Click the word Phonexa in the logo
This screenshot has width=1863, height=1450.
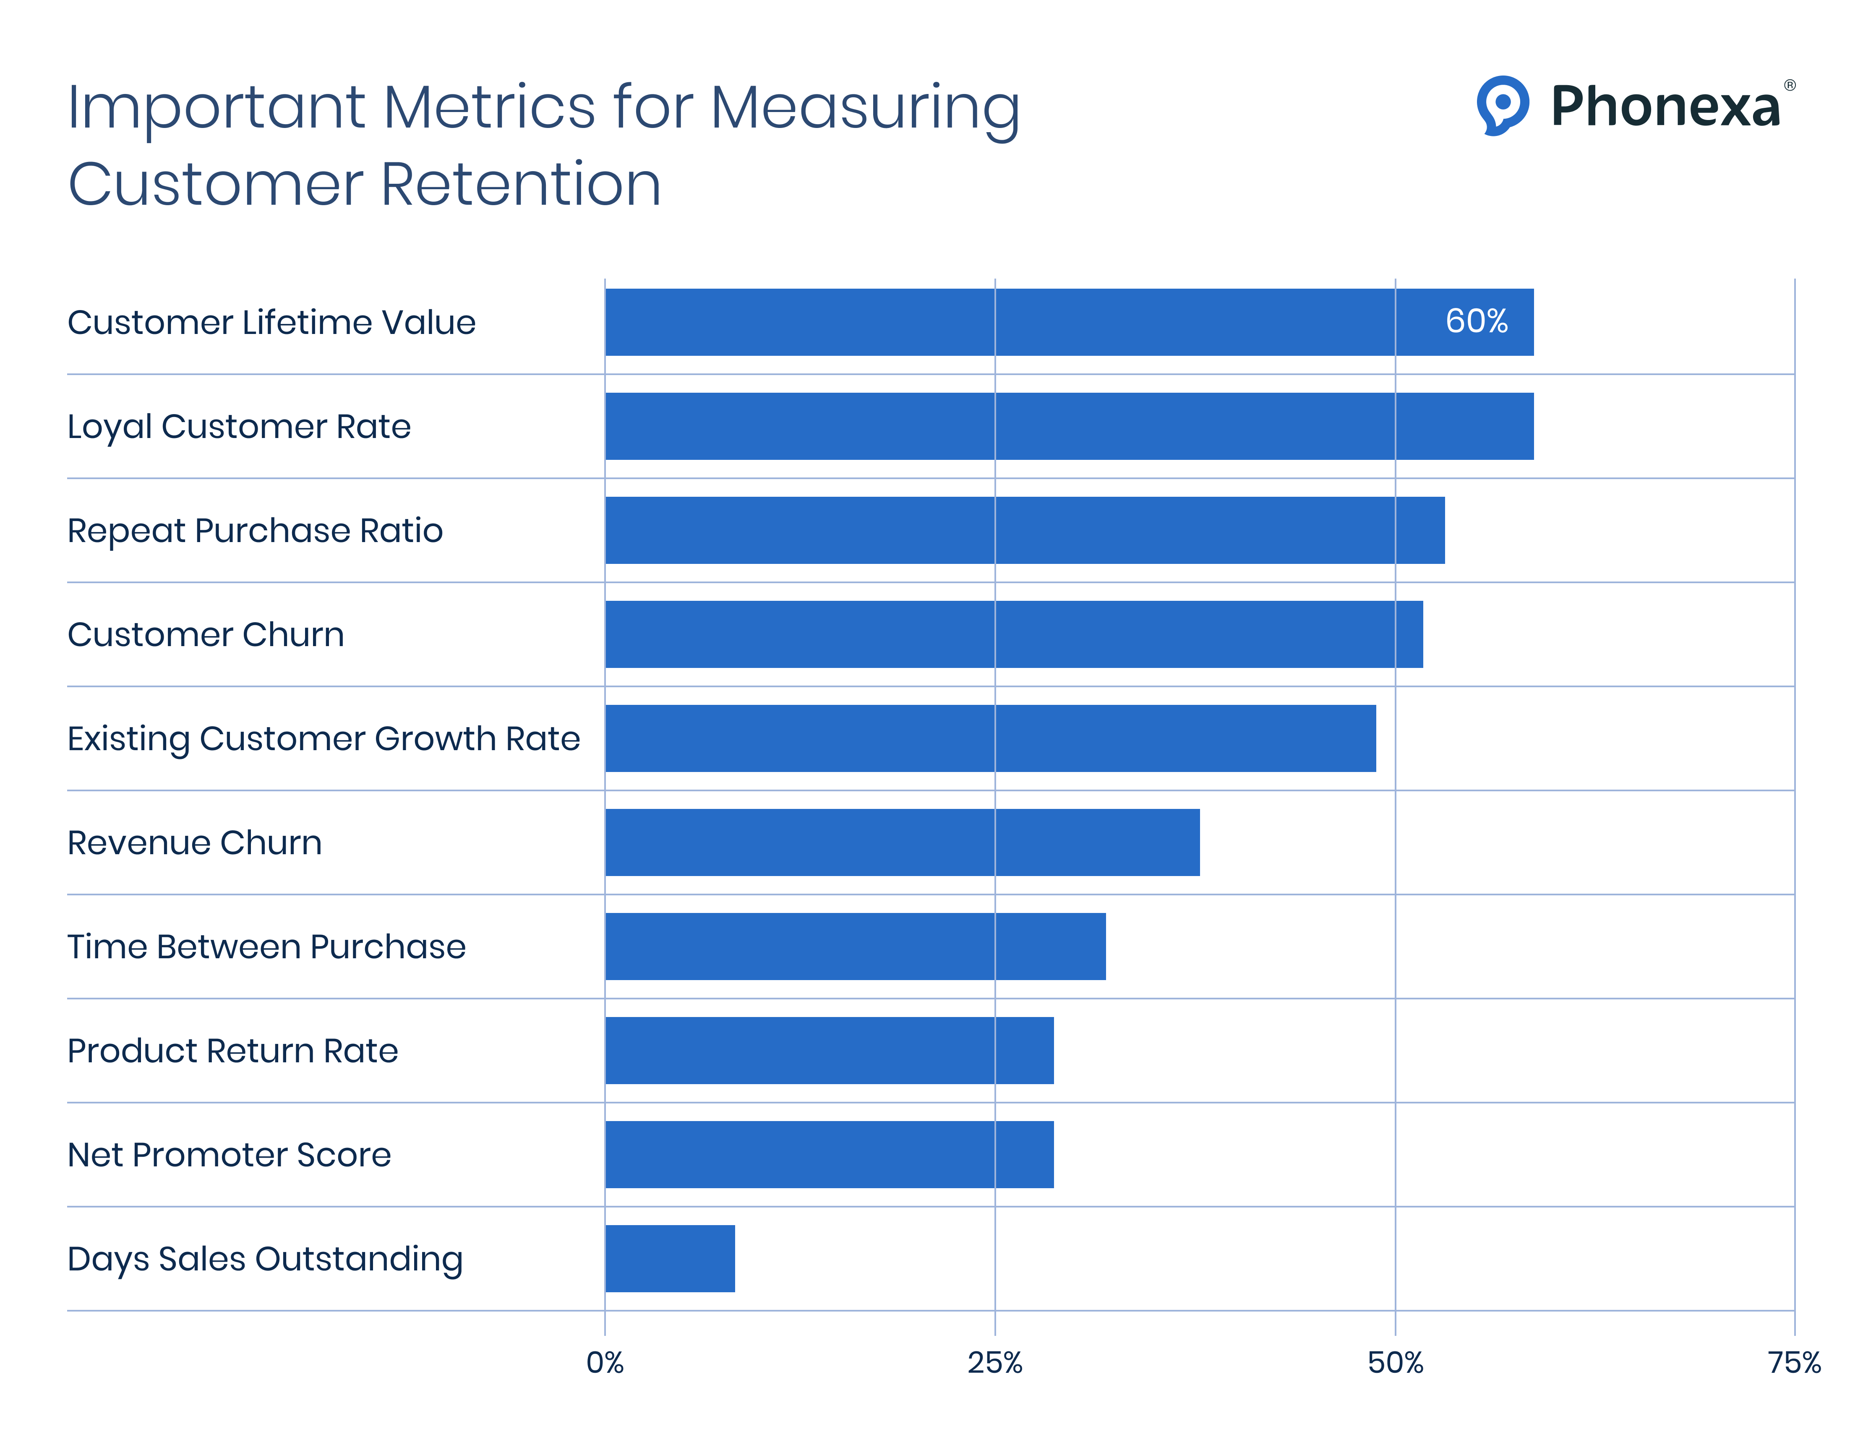tap(1665, 107)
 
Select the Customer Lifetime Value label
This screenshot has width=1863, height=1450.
tap(271, 322)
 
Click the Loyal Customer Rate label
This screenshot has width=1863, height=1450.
tap(239, 426)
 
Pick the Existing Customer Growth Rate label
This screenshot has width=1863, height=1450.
tap(323, 739)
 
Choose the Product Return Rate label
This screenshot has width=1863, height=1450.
tap(232, 1051)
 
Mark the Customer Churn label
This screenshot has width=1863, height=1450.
tap(206, 635)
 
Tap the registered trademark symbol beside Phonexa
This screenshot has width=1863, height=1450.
tap(1790, 85)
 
